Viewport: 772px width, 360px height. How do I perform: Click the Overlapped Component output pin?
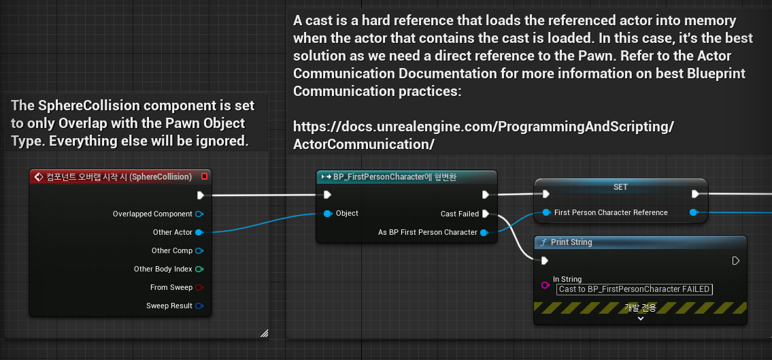pyautogui.click(x=199, y=214)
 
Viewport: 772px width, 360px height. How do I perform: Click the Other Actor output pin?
pyautogui.click(x=199, y=232)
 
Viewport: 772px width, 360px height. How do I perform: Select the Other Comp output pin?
pyautogui.click(x=199, y=250)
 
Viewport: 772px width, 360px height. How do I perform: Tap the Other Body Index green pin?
pyautogui.click(x=199, y=269)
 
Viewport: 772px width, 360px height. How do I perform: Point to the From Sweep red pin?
pyautogui.click(x=199, y=287)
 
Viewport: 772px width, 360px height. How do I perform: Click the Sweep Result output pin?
pyautogui.click(x=199, y=306)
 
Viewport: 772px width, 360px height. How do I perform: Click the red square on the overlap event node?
pyautogui.click(x=204, y=176)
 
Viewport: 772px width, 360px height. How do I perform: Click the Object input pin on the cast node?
pyautogui.click(x=328, y=214)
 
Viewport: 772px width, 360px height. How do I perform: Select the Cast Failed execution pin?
pyautogui.click(x=485, y=214)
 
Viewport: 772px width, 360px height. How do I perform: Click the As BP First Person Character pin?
pyautogui.click(x=484, y=233)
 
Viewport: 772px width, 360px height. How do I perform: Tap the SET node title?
pyautogui.click(x=620, y=186)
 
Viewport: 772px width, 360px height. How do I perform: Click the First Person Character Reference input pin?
pyautogui.click(x=546, y=212)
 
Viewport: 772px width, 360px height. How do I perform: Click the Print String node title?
pyautogui.click(x=571, y=242)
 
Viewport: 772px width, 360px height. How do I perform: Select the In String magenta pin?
pyautogui.click(x=545, y=284)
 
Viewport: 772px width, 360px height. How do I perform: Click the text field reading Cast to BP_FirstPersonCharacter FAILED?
pyautogui.click(x=634, y=289)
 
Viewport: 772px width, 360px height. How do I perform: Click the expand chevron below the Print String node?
pyautogui.click(x=640, y=318)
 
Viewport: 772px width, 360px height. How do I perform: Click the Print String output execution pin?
pyautogui.click(x=735, y=261)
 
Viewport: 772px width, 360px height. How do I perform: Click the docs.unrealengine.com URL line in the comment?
pyautogui.click(x=483, y=126)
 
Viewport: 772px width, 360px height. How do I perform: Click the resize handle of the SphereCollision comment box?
pyautogui.click(x=264, y=333)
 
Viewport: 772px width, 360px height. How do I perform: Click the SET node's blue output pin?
pyautogui.click(x=694, y=212)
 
